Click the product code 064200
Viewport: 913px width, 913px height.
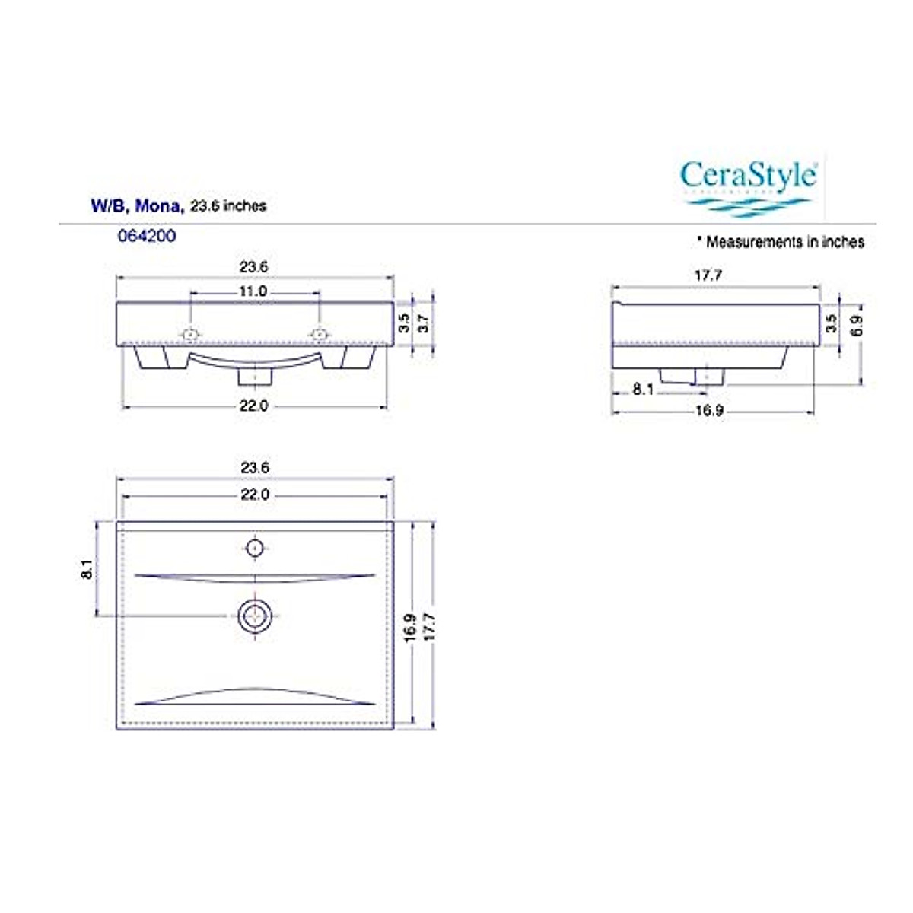click(x=146, y=236)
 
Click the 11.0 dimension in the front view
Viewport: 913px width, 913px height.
click(x=253, y=291)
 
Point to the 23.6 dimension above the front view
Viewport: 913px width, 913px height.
click(x=254, y=267)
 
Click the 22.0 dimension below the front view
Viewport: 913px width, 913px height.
click(x=254, y=406)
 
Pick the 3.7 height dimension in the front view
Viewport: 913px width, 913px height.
click(x=424, y=323)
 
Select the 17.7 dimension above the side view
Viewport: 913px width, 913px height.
click(x=708, y=275)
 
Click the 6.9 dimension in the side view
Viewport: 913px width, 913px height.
click(x=857, y=325)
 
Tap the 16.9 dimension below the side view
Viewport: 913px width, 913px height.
click(x=709, y=412)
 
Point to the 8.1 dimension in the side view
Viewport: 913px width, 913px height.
click(x=643, y=390)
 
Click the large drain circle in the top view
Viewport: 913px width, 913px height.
click(x=254, y=616)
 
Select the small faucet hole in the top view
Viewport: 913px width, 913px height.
click(x=255, y=547)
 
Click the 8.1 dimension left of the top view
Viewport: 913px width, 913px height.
click(x=87, y=569)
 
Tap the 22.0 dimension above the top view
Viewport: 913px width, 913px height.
click(x=255, y=495)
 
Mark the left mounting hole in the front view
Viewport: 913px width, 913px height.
click(x=190, y=335)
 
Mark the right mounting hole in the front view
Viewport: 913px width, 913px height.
click(x=320, y=335)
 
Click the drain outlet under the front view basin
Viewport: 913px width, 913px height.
click(x=255, y=376)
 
